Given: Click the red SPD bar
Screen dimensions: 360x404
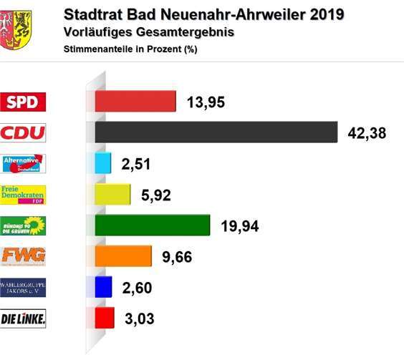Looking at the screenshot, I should tap(135, 102).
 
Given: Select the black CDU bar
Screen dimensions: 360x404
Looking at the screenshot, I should tap(216, 132).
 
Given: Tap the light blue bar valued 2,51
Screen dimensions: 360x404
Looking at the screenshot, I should tap(102, 164).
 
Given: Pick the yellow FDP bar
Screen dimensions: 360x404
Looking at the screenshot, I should tap(112, 195).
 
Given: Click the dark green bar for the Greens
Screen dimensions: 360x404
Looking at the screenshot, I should tap(152, 225).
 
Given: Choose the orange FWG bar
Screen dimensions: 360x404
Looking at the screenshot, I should tap(123, 256).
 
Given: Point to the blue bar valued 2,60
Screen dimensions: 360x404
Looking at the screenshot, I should tap(103, 286).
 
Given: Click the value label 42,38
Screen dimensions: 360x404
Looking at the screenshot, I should tap(367, 134).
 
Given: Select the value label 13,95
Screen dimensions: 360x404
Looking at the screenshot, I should tap(206, 103).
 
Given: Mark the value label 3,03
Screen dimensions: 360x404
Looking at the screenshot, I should tap(140, 318).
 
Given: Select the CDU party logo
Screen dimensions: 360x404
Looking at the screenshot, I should tap(24, 133).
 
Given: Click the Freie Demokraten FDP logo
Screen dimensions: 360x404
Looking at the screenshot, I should tap(24, 195).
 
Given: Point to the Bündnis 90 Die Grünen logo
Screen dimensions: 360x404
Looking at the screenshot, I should tap(24, 225).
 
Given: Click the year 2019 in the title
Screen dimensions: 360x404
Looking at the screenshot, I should tap(322, 14).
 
